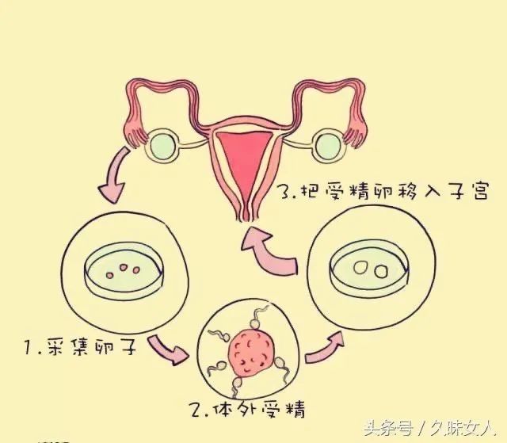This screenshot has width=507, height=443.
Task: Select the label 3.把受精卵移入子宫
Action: [x=383, y=192]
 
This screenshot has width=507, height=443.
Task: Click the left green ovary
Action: [x=162, y=146]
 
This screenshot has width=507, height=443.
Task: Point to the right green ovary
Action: [x=328, y=144]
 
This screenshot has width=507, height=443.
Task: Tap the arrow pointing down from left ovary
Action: [x=114, y=174]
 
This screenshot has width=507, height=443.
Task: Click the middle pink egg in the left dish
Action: [x=124, y=267]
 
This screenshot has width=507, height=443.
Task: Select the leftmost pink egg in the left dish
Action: [x=110, y=275]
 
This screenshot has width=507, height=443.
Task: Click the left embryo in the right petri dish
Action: [x=360, y=268]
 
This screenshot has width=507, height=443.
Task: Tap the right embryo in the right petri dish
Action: [x=381, y=272]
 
